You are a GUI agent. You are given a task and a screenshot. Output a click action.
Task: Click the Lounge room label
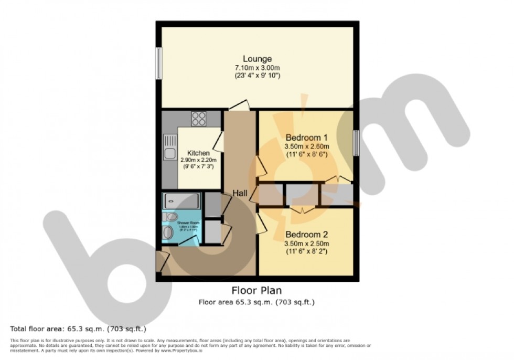point(257,59)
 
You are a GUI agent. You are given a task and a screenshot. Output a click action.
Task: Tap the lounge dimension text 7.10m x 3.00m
point(257,68)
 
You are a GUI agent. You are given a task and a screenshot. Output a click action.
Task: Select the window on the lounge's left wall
point(158,63)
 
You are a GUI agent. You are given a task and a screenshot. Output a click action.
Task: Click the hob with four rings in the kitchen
point(199,119)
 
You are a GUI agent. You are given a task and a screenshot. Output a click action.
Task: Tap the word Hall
point(240,194)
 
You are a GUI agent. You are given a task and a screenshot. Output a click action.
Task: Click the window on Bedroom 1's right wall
point(356,143)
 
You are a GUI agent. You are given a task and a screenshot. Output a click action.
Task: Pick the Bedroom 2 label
point(307,235)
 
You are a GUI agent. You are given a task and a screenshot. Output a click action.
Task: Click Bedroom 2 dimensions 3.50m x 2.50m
point(307,243)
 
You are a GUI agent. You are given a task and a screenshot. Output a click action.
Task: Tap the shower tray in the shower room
point(181,200)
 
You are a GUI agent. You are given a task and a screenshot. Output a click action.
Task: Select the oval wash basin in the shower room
point(168,232)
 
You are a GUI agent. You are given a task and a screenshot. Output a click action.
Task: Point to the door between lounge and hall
point(239,105)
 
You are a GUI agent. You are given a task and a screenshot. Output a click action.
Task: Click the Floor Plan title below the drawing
point(257,290)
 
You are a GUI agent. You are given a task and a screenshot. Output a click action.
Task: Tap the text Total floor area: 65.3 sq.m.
point(78,329)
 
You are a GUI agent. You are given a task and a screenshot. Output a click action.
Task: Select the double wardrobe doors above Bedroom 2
point(303,209)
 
